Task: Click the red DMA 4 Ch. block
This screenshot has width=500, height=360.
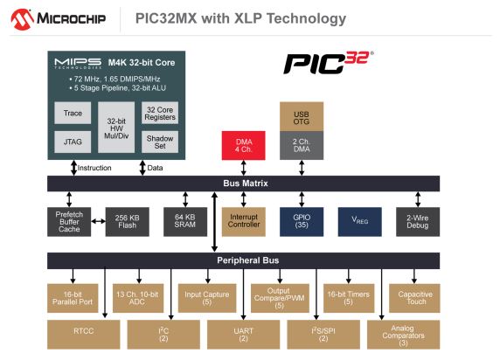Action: (x=244, y=145)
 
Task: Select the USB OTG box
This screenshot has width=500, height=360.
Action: (x=302, y=117)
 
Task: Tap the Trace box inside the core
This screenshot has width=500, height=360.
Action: (x=73, y=113)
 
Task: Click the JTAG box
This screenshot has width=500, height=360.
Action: (x=73, y=142)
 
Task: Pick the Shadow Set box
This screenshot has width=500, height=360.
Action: (x=160, y=142)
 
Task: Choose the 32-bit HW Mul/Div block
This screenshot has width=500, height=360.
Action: (x=116, y=128)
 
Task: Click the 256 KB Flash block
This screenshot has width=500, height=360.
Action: (x=128, y=222)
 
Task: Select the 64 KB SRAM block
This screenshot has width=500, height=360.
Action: (x=185, y=222)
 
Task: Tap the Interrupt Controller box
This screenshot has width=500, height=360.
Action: (x=244, y=222)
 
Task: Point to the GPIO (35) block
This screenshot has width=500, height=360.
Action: (x=302, y=222)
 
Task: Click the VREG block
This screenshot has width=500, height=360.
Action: (x=359, y=222)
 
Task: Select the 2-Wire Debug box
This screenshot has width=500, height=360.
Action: (x=418, y=222)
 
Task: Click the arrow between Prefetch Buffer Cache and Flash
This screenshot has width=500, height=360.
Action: (x=98, y=221)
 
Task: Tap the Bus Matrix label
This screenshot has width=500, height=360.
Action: (x=246, y=183)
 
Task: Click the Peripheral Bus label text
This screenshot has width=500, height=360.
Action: (x=248, y=260)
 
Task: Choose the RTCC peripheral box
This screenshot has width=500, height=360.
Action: (x=84, y=335)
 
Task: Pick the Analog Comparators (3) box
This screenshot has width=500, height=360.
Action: (x=403, y=335)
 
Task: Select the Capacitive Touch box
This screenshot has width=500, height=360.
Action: (x=414, y=298)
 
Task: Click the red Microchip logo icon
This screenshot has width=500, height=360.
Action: (x=23, y=19)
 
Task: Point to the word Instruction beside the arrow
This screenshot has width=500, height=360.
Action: (x=94, y=168)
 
